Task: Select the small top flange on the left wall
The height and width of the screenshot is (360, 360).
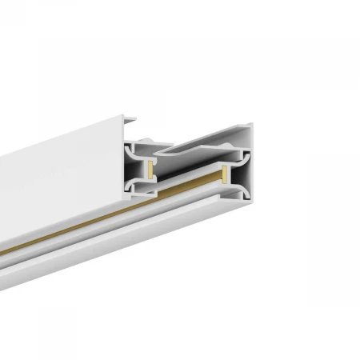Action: (x=130, y=122)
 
